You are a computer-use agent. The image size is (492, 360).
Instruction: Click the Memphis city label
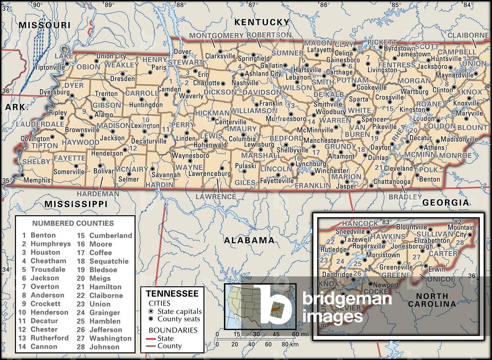click(37, 180)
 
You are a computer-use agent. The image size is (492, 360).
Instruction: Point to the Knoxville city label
click(466, 103)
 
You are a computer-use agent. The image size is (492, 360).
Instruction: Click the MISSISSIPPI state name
click(76, 204)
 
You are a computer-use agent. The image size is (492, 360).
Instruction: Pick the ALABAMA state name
click(249, 240)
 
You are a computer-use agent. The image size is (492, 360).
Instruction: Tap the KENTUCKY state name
click(262, 22)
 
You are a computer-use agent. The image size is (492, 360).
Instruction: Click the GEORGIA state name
click(445, 203)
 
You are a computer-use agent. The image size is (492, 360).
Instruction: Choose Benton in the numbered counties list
click(43, 235)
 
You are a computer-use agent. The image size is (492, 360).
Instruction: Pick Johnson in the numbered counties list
click(104, 347)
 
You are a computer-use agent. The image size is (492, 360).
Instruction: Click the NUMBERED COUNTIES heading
click(73, 223)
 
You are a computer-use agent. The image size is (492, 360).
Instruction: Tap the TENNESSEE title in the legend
click(172, 294)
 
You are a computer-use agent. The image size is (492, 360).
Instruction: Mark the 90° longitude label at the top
click(37, 5)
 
